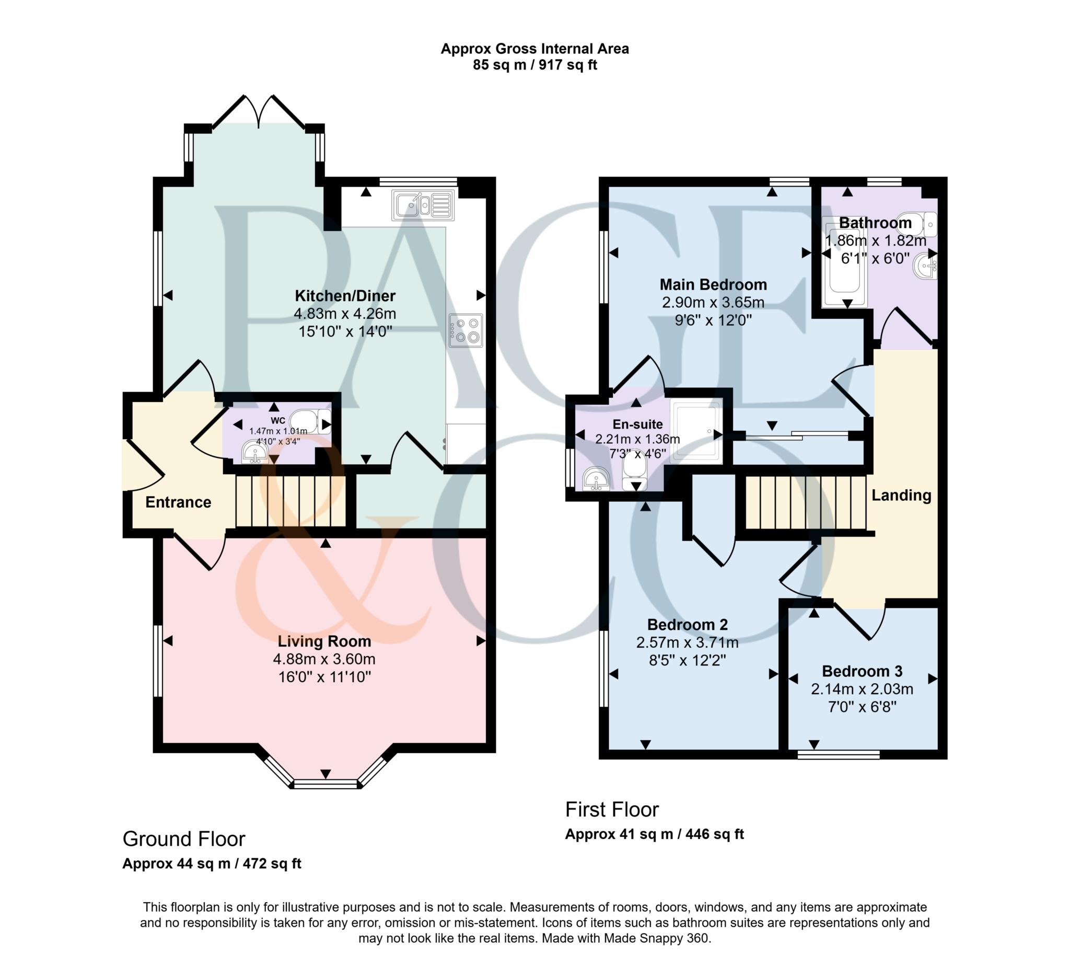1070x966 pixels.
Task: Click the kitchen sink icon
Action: coord(423,205)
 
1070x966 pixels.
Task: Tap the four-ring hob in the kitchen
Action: coord(465,330)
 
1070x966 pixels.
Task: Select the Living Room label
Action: coord(323,641)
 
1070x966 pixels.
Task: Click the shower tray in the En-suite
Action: coord(695,430)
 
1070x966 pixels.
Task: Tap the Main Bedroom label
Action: coord(713,284)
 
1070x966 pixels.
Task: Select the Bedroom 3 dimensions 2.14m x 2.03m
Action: coord(862,689)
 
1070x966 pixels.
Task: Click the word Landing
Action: coord(901,495)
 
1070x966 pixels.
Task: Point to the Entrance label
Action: coord(178,502)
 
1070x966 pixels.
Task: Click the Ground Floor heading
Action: coord(183,839)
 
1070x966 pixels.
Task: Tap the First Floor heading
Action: coord(611,809)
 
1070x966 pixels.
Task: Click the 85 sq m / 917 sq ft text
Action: coord(534,65)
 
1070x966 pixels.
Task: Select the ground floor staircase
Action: coord(290,501)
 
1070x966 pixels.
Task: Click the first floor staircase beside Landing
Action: coord(805,502)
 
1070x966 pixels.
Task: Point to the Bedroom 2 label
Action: coord(687,625)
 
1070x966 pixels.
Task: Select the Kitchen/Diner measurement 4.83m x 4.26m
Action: coord(345,314)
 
